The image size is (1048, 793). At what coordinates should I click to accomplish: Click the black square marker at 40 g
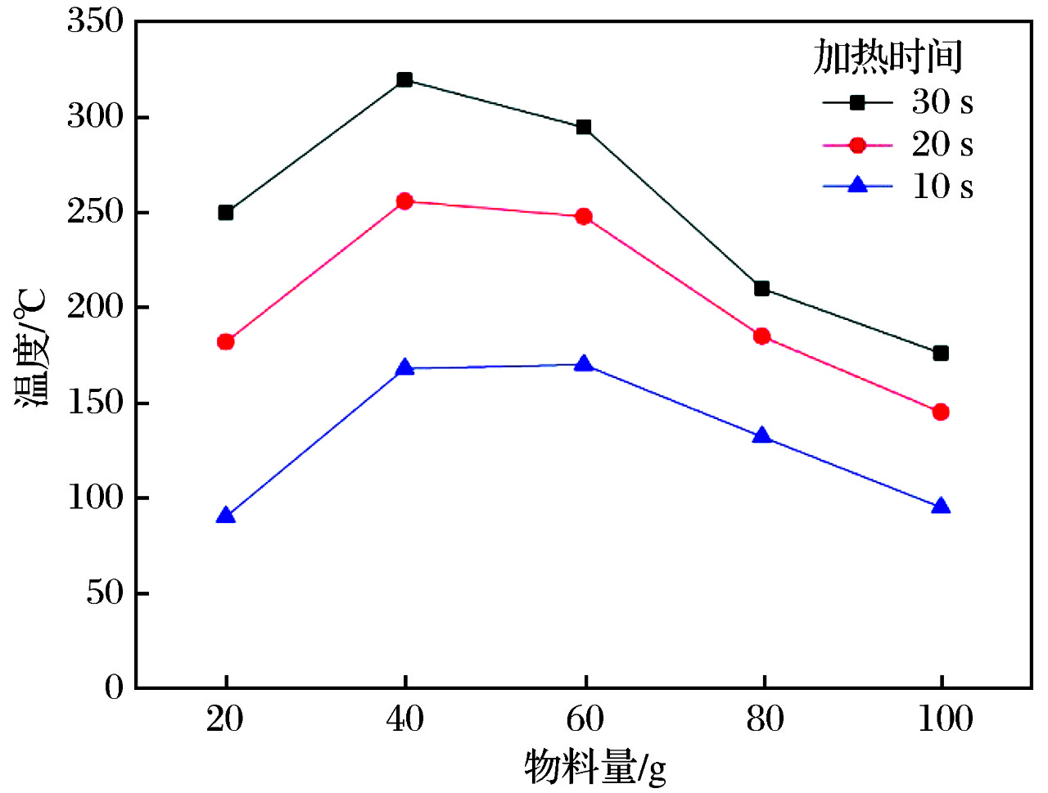404,79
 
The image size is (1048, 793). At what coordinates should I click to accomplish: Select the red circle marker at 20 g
226,341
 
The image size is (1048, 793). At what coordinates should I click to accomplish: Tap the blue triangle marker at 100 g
941,507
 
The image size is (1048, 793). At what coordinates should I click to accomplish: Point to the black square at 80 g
761,288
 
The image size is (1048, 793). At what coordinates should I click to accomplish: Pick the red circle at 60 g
584,217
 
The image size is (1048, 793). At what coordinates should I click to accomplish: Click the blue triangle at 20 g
226,516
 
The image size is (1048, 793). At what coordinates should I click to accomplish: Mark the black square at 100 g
941,353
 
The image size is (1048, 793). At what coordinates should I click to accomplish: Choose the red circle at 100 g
941,412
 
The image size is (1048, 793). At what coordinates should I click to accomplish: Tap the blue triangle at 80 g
761,436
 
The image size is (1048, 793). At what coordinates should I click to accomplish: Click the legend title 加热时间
888,57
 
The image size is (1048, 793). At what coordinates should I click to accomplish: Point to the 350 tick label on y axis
95,21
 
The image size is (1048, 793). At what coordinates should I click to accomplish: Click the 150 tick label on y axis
95,403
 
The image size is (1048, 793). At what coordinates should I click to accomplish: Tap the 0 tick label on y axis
114,687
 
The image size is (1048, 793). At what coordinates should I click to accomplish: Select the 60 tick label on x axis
585,719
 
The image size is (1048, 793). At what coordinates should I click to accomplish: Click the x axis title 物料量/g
595,767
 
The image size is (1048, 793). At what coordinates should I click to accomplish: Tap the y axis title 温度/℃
33,348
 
